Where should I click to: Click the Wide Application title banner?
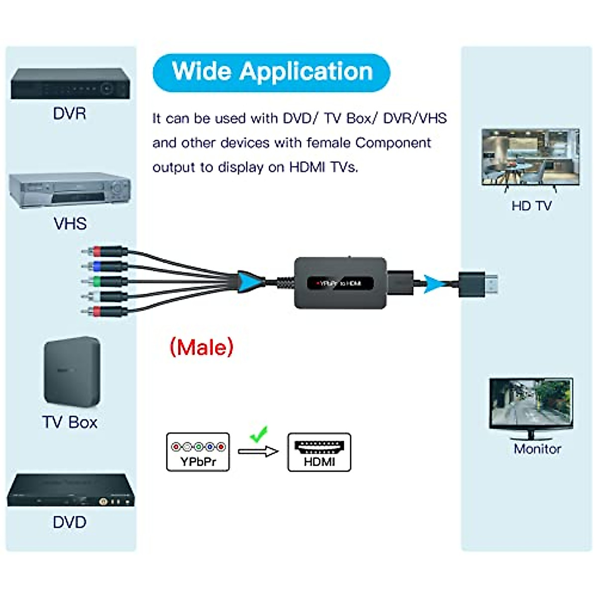tap(271, 73)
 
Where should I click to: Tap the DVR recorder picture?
tap(70, 84)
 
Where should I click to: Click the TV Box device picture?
tap(72, 372)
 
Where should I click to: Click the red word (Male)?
tap(201, 347)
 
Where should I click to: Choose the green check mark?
tap(259, 434)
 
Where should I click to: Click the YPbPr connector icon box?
tap(198, 452)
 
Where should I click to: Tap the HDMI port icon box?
tap(319, 452)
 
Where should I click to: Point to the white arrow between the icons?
tap(258, 451)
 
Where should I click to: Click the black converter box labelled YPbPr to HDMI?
tap(340, 283)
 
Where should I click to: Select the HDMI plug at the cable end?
tap(478, 284)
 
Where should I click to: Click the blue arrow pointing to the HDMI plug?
tap(434, 284)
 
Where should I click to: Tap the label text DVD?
tap(70, 522)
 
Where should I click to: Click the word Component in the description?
tap(393, 143)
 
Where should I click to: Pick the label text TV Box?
tap(70, 422)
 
